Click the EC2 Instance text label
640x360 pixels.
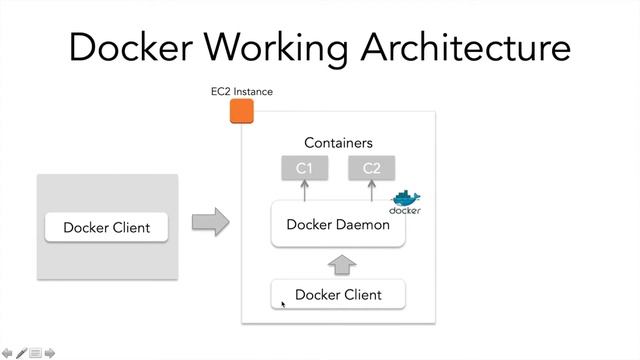241,92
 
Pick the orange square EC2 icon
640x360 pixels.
241,111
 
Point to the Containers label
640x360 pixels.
338,143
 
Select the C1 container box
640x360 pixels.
305,168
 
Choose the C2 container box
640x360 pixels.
371,168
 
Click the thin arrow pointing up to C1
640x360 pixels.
305,190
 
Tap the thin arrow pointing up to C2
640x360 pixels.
371,190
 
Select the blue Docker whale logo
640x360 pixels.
405,201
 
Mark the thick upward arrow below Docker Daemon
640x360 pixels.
341,264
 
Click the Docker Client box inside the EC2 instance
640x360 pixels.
339,295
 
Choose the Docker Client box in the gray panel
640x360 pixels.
106,227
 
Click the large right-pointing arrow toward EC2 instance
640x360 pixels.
209,222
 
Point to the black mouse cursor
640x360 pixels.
283,303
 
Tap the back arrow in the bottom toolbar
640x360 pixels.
8,353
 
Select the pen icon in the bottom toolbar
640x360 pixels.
21,353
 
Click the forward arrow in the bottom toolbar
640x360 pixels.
49,353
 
